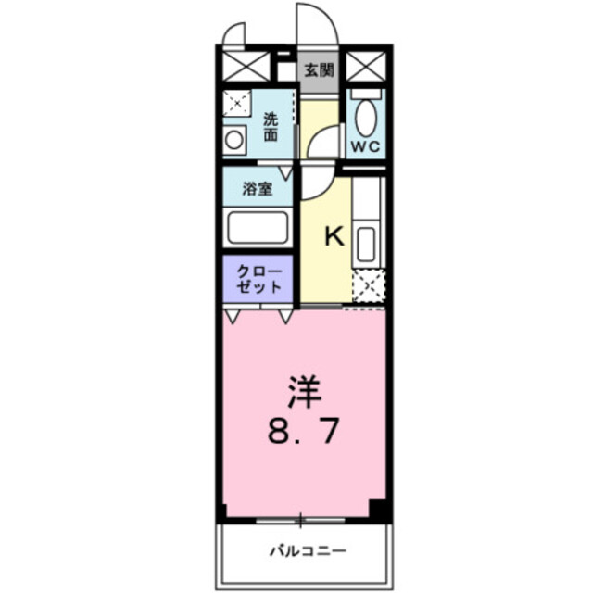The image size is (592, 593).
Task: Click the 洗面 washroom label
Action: [271, 126]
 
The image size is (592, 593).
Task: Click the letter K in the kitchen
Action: [333, 237]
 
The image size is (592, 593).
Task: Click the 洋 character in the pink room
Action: [303, 392]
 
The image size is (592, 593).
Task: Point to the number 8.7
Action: [303, 431]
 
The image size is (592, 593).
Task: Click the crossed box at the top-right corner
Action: [364, 69]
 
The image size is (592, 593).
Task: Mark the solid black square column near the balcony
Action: [376, 508]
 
